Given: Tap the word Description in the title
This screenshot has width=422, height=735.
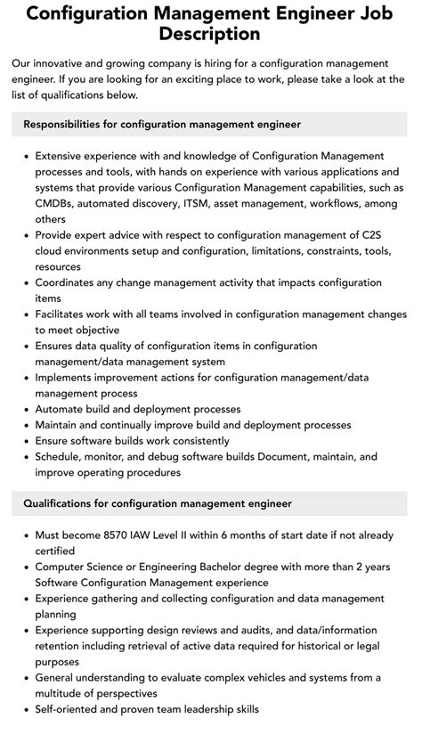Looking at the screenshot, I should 210,35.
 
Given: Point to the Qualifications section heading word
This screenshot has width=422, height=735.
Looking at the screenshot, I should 66,503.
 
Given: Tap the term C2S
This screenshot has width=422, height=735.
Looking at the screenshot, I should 390,234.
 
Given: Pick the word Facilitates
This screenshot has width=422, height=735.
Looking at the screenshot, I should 65,314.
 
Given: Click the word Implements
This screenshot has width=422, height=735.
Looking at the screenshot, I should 69,378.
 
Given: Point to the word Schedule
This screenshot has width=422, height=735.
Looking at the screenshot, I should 62,456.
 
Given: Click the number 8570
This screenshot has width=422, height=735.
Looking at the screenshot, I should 118,536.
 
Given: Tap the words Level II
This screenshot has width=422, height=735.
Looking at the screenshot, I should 185,536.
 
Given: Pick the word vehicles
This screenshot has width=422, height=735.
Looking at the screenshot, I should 273,678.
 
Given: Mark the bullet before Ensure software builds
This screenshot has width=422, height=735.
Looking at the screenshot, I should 24,441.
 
